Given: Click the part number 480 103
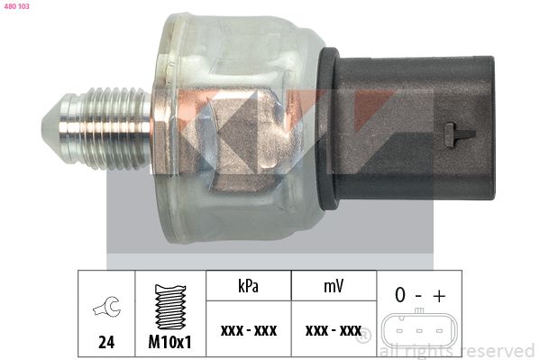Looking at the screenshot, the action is (16, 6).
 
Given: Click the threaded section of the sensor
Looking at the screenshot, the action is (110, 128).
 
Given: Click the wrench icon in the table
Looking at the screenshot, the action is (106, 307).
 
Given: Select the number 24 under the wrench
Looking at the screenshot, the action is (106, 342).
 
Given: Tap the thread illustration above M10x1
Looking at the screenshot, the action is (170, 307).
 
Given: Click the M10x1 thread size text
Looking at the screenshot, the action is (169, 342).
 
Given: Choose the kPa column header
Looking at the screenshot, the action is (248, 287).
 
